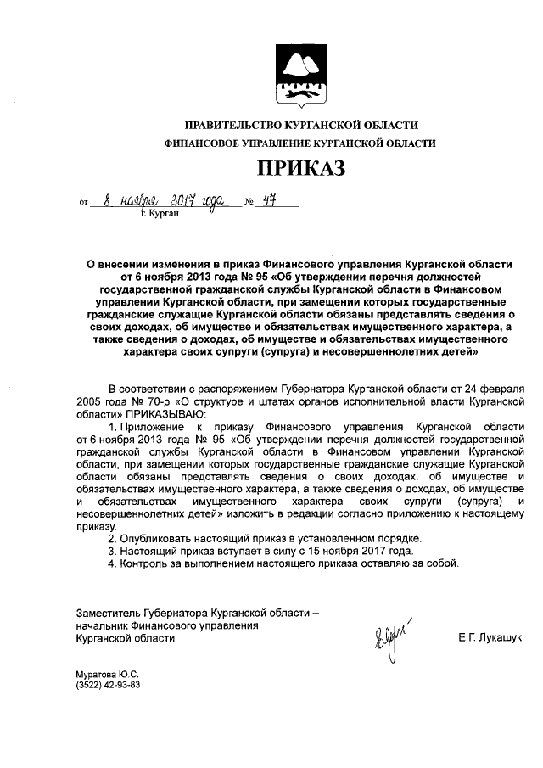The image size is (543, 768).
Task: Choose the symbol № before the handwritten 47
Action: coord(249,203)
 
